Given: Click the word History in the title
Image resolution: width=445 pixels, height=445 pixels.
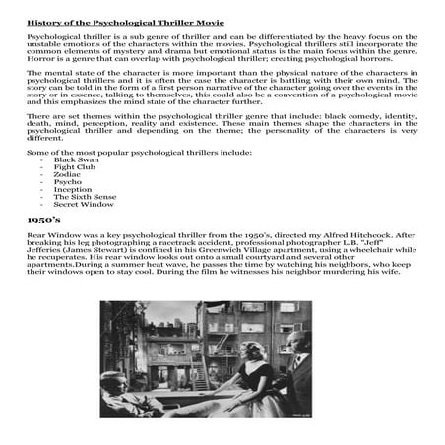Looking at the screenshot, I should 42,20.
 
